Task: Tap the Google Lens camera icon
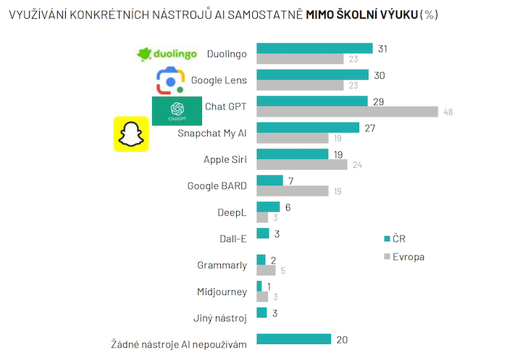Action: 171,80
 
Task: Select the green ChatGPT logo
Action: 177,110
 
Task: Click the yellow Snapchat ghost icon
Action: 130,134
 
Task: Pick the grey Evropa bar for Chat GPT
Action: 347,112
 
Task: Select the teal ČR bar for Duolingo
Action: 314,49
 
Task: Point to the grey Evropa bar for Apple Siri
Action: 301,164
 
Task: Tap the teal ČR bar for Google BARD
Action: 269,180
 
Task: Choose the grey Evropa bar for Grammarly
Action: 266,270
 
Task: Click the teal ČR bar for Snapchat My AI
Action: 308,127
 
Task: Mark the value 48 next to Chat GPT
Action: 448,112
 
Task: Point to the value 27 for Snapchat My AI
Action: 369,127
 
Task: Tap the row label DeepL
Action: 232,212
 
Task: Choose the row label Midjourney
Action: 222,292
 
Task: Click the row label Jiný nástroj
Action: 221,318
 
